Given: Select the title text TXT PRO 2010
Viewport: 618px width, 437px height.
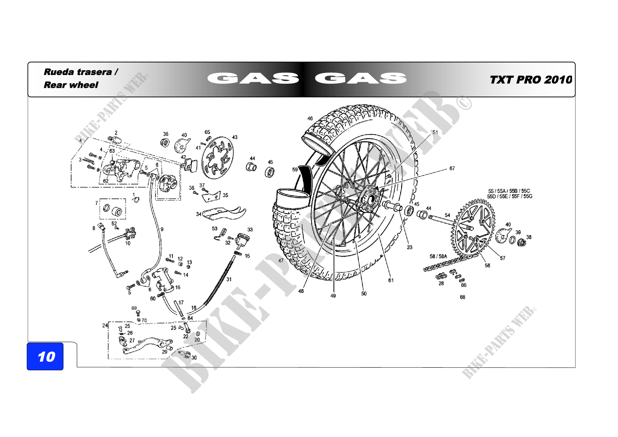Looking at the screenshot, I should pos(531,80).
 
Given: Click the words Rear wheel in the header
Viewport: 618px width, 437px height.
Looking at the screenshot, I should pos(71,85).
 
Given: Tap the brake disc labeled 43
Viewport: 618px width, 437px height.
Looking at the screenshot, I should pos(217,158).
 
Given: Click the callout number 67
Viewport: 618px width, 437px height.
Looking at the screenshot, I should pos(452,169).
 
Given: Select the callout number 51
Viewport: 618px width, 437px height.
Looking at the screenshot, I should pos(435,132).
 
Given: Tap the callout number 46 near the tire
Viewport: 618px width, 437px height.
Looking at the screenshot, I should pos(310,118).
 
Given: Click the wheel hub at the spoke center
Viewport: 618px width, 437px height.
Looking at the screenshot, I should pos(370,200).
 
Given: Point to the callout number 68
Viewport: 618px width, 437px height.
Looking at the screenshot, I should pos(462,297).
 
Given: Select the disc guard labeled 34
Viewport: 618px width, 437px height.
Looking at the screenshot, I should pos(224,213).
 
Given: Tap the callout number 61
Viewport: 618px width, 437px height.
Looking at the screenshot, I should pos(391,280).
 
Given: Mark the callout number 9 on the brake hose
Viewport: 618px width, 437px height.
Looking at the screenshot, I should pos(162,229).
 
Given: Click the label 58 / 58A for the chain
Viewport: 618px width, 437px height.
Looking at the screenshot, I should pos(438,256).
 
